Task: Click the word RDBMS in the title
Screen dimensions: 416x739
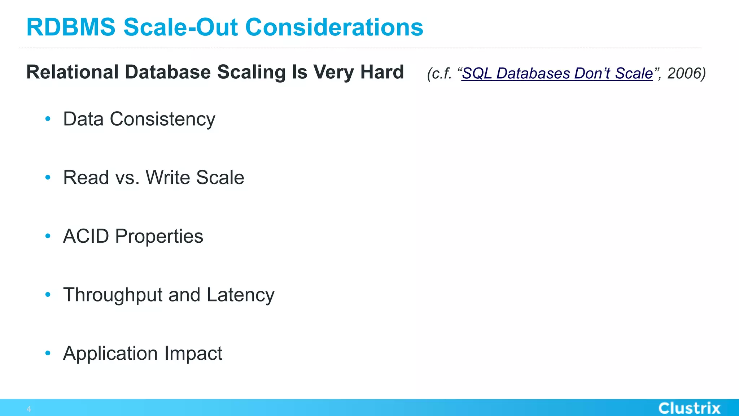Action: (x=71, y=27)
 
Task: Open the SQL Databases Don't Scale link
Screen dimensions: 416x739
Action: (x=557, y=73)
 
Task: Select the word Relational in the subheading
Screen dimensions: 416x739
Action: (x=73, y=72)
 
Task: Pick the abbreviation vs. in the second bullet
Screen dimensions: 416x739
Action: (x=127, y=178)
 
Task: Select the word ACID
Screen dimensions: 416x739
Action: (x=86, y=236)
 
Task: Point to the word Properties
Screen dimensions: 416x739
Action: (x=159, y=237)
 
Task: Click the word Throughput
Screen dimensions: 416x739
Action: (x=113, y=295)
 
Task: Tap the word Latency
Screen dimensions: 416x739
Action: (x=240, y=295)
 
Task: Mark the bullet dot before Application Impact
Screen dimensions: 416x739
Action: (x=48, y=353)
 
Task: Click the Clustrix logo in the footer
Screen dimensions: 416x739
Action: (x=689, y=408)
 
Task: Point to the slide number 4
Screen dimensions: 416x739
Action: (x=29, y=409)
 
